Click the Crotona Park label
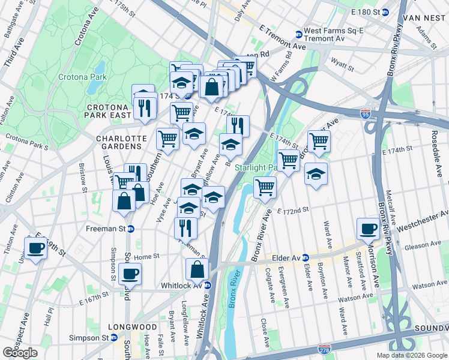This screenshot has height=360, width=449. tap(82, 77)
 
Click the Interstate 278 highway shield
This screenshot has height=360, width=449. tap(322, 349)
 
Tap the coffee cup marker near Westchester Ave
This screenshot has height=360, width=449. tap(368, 229)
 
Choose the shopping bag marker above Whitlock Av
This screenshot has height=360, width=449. tap(197, 270)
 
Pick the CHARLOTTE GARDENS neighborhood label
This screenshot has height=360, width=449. tap(121, 139)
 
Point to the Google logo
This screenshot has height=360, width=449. tap(20, 353)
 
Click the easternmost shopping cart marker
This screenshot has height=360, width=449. tap(319, 142)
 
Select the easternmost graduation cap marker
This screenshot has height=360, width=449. tap(316, 175)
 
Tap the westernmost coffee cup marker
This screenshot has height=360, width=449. tap(35, 248)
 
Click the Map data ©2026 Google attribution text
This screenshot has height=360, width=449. tap(411, 355)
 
